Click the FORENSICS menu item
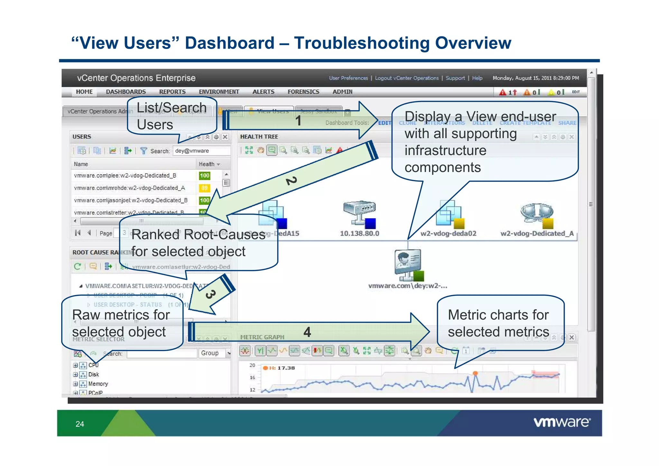[x=303, y=92]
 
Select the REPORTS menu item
[x=172, y=92]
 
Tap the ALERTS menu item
[x=263, y=92]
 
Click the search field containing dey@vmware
[x=201, y=151]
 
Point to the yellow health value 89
[x=204, y=188]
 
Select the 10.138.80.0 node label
[x=359, y=233]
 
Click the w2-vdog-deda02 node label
[x=448, y=233]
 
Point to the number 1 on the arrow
[x=298, y=121]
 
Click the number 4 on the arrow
[x=307, y=332]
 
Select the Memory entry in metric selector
[x=98, y=384]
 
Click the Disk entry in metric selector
[x=94, y=375]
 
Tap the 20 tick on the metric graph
[x=252, y=365]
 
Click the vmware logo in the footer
[x=562, y=422]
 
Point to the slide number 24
[x=80, y=424]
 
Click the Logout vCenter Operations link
[x=406, y=78]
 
